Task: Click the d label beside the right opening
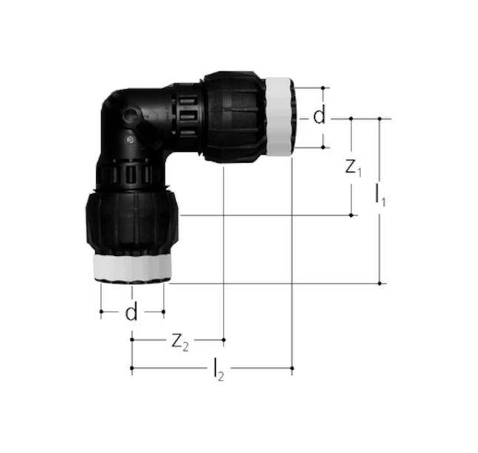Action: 319,117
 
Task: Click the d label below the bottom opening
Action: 131,312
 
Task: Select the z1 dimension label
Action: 353,168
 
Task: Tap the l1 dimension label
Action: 380,196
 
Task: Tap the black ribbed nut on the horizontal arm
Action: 233,116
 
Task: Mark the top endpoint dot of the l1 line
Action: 380,118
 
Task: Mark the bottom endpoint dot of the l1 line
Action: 380,283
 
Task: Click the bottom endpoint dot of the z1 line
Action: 351,215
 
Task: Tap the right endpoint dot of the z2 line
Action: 223,340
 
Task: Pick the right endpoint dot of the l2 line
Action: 292,367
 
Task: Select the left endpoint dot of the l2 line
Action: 132,367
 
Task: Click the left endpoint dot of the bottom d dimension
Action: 101,312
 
